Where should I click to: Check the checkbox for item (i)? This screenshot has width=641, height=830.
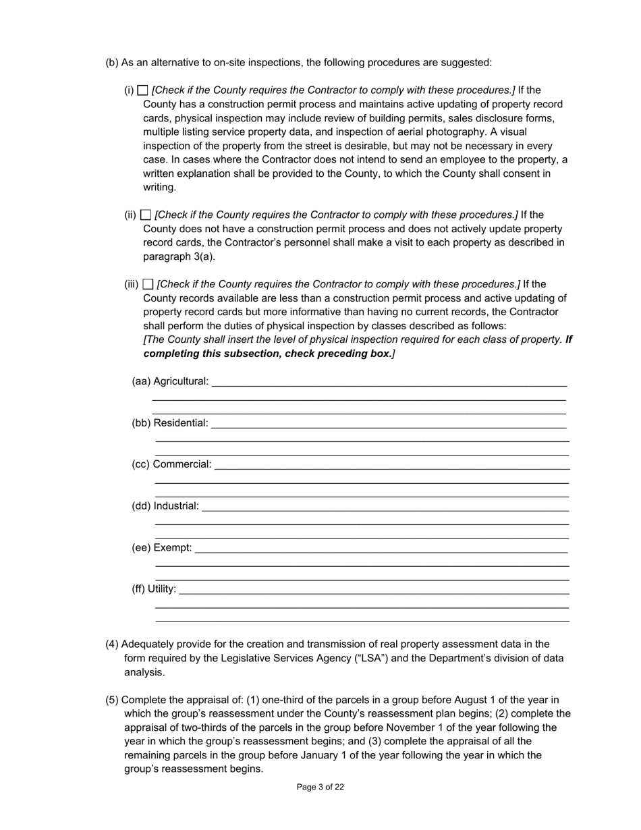tap(142, 90)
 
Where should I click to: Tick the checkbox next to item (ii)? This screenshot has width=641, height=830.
tap(145, 215)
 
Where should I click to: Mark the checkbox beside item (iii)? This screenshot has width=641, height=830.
tap(148, 285)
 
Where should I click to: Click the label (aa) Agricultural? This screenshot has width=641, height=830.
tap(170, 381)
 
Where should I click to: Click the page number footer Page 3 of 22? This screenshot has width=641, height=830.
tap(320, 787)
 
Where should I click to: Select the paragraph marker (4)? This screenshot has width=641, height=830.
tap(112, 644)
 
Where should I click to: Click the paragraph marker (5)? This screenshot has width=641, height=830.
tap(112, 700)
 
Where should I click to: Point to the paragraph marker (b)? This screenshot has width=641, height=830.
tap(112, 63)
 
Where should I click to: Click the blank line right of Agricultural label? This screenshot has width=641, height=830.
tap(389, 383)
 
